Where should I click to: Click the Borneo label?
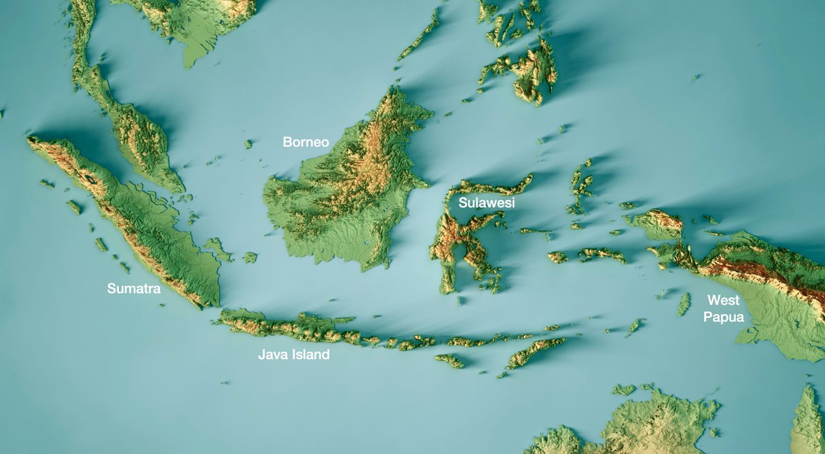pos(306,142)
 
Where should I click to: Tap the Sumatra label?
pos(133,289)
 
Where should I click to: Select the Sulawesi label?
pos(487,203)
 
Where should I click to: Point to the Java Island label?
pos(294,355)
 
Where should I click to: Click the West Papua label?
pos(723,309)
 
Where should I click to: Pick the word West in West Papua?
pos(723,301)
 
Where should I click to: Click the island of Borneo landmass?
pos(344,199)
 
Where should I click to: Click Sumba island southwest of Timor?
pos(450,360)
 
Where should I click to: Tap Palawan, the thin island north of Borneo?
pos(419,34)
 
